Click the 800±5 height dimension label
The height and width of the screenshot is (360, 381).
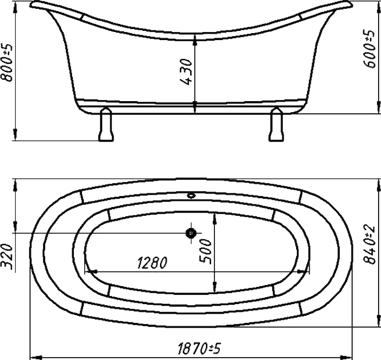pyautogui.click(x=7, y=63)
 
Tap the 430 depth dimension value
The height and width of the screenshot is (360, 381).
pyautogui.click(x=187, y=72)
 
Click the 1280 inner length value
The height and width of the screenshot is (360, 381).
pyautogui.click(x=152, y=263)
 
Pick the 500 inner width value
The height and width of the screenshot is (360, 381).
pyautogui.click(x=205, y=252)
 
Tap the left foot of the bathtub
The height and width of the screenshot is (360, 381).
pyautogui.click(x=106, y=124)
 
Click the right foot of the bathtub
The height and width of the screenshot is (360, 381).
pyautogui.click(x=276, y=124)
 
